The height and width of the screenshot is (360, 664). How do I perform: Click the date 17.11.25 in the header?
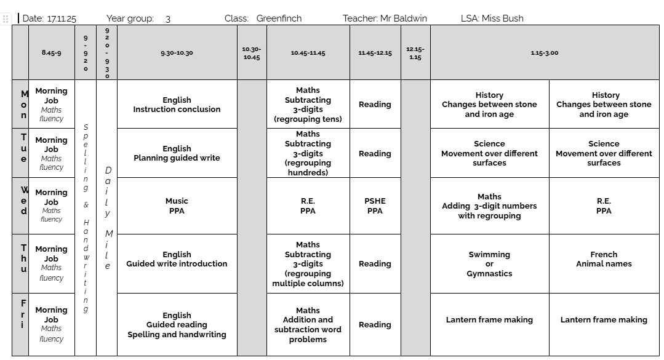click(62, 18)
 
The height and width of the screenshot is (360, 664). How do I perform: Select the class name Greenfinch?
click(279, 18)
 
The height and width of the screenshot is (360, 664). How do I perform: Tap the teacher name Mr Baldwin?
click(403, 18)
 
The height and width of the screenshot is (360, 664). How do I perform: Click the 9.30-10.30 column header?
click(177, 53)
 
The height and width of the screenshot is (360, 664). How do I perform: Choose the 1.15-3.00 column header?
click(544, 53)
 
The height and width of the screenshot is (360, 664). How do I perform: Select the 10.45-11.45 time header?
click(308, 53)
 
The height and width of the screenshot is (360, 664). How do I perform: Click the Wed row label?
click(24, 201)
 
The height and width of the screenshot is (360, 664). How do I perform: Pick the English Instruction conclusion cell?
click(177, 105)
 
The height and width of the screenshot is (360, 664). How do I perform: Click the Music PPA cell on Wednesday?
click(177, 206)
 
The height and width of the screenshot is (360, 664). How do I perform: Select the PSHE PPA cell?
click(375, 206)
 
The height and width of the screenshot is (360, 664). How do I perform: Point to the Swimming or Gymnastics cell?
click(489, 263)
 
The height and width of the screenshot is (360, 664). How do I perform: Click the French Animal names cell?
click(604, 259)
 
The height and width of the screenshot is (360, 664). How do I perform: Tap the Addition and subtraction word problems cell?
click(308, 324)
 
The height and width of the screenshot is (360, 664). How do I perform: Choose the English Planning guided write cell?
click(177, 153)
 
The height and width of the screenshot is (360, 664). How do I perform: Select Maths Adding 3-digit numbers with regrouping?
click(489, 206)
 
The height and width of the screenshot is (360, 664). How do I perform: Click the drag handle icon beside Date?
click(6, 18)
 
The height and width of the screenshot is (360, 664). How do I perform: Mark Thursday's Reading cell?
click(375, 263)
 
